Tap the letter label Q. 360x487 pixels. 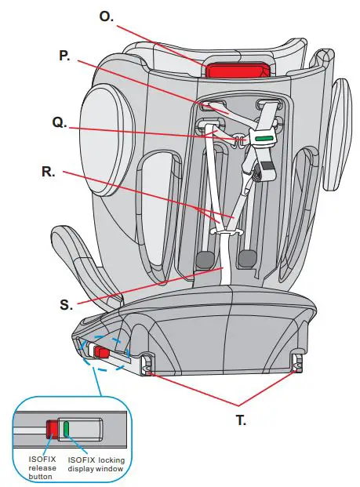59,123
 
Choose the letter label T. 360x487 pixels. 242,420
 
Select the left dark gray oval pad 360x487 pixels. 205,260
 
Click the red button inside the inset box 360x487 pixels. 53,429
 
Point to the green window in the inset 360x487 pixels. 67,429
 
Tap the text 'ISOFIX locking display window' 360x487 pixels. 96,463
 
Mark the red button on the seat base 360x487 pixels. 100,353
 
